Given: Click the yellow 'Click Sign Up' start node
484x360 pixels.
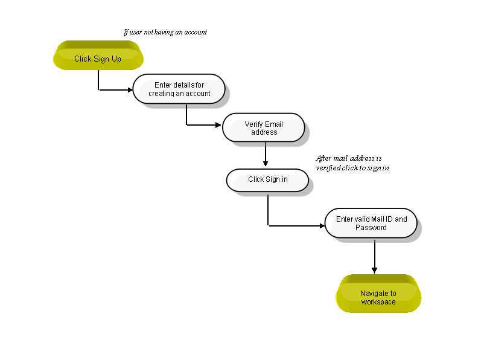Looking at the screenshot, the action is [x=98, y=56].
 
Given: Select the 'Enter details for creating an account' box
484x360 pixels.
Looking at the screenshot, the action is [x=179, y=89].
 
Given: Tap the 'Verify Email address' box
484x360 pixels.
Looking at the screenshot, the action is [x=264, y=127].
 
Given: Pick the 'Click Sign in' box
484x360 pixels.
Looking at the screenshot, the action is [x=267, y=181].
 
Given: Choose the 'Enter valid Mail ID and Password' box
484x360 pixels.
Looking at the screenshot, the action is [x=371, y=223].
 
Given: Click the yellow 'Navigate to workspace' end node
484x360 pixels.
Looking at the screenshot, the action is [x=378, y=294].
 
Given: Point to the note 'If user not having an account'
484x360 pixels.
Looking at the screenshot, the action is [x=165, y=32].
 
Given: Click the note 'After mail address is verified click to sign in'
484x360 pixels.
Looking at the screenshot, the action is [x=352, y=163].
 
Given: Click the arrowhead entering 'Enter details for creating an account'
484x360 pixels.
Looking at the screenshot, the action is [x=130, y=90].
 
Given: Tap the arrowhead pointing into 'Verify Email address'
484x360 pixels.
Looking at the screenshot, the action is [x=218, y=125].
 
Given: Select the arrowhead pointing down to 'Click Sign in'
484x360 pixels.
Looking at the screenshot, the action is [x=266, y=164].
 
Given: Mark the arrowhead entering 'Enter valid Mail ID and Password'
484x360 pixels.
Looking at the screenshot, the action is [x=322, y=226].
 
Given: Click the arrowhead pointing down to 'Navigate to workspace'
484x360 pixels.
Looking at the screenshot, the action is [x=374, y=271].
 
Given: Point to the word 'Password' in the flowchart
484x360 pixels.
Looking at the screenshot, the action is [x=371, y=228].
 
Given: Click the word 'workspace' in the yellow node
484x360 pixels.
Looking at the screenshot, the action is [x=378, y=302].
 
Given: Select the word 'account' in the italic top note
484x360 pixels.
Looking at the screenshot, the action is [x=196, y=32].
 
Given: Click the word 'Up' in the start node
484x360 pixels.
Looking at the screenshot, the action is [x=116, y=59].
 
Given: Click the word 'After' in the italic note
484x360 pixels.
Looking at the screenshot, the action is [x=323, y=158].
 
